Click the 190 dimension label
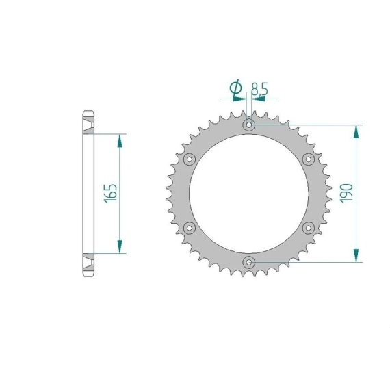346,193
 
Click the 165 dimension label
110,194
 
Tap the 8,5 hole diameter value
259,89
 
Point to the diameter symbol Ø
236,88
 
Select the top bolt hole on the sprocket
249,125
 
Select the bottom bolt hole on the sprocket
249,262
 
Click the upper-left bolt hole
190,159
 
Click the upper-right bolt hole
308,159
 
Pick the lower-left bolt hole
190,228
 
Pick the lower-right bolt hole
308,228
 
